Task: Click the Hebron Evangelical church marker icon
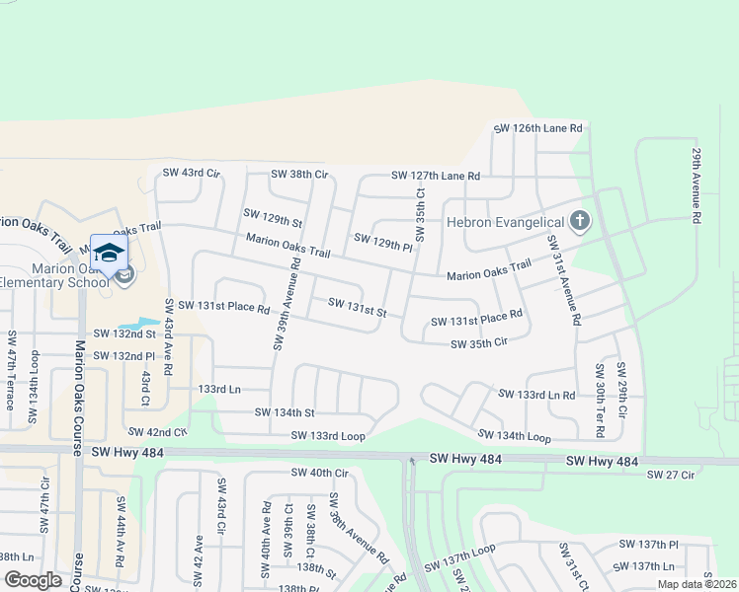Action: (x=580, y=220)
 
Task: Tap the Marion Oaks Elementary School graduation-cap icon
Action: (x=110, y=251)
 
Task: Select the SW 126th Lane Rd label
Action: (x=537, y=128)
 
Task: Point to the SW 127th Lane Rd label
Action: (x=435, y=176)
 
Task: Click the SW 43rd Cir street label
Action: (x=190, y=173)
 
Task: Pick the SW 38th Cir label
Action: (x=299, y=174)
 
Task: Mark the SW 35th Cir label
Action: (x=479, y=343)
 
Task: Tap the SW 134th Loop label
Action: (x=514, y=435)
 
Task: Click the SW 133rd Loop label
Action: (x=328, y=435)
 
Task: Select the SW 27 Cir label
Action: (x=671, y=475)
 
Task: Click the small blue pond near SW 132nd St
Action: (x=138, y=324)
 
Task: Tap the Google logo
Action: (x=33, y=580)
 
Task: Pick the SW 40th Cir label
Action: (x=320, y=474)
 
